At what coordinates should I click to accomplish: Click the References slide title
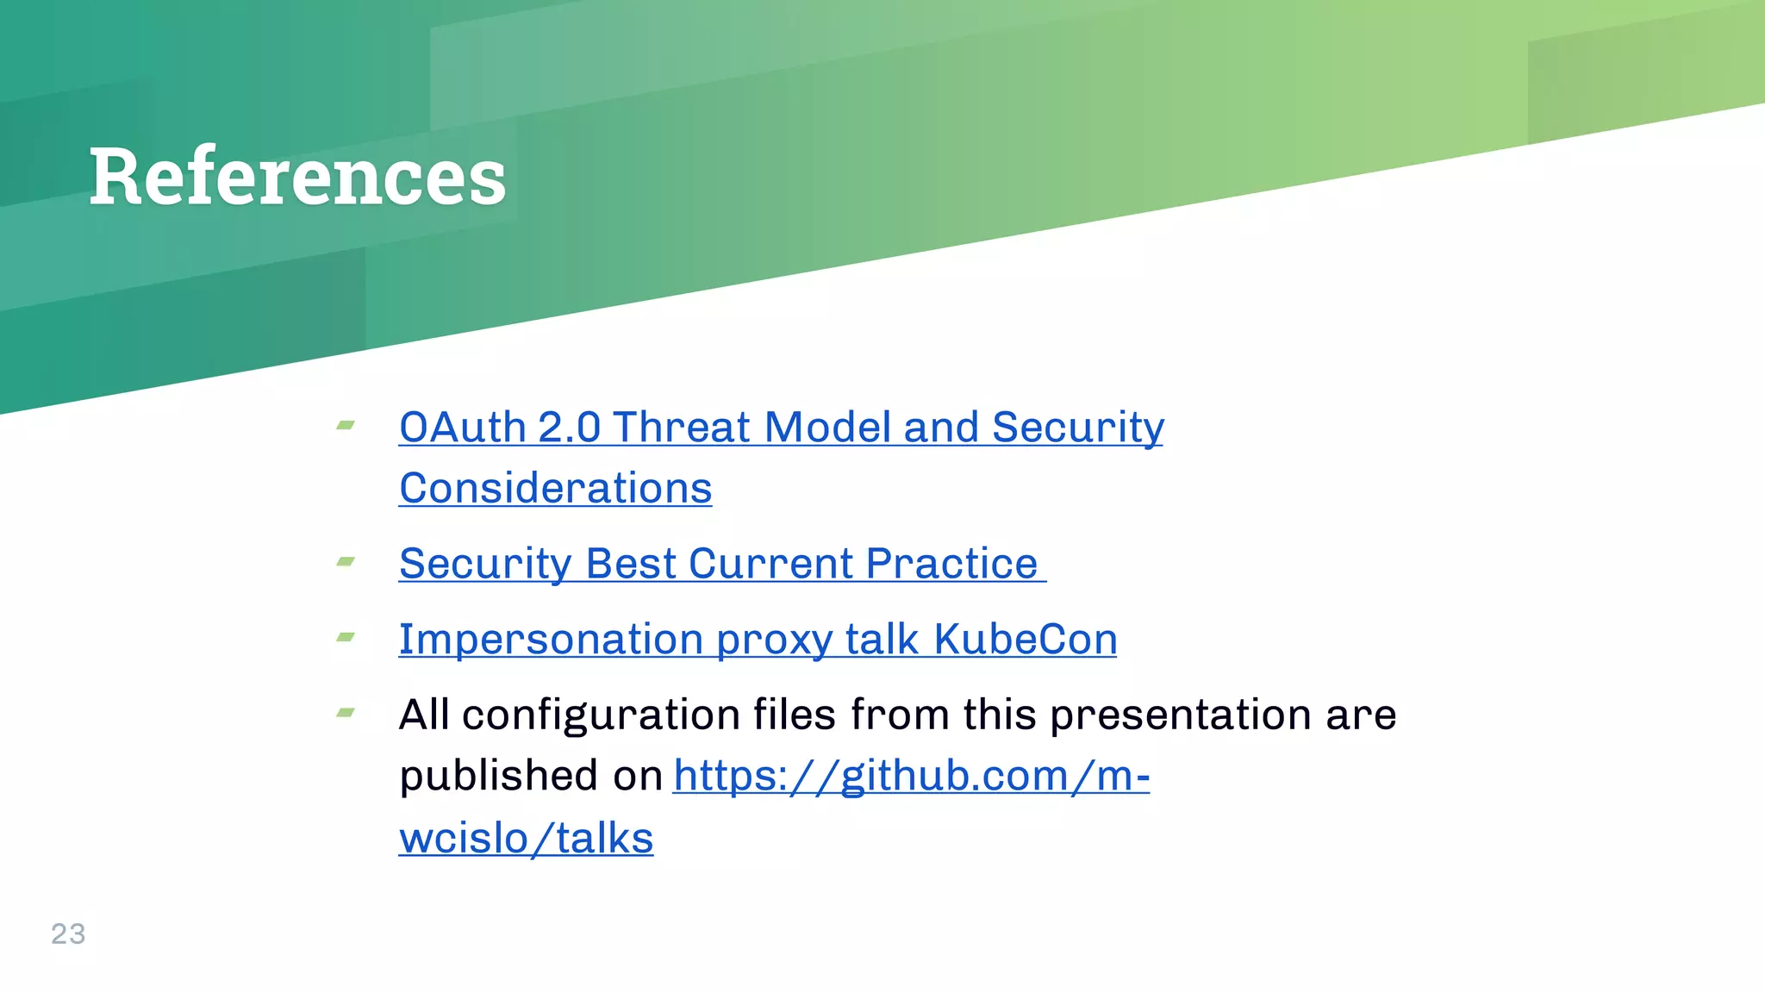[x=297, y=177]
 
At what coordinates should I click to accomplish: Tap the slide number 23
[x=68, y=934]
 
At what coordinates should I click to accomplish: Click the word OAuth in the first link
[x=462, y=428]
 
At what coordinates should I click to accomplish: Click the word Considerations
[x=555, y=489]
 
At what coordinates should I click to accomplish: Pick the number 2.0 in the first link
[x=569, y=428]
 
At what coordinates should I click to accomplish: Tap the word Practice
[x=951, y=564]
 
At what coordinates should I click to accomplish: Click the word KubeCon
[x=1025, y=640]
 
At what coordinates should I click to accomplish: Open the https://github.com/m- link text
[x=911, y=776]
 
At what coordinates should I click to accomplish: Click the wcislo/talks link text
[x=526, y=838]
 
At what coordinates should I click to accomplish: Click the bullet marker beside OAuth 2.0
[x=346, y=425]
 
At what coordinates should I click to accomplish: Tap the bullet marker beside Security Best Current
[x=346, y=562]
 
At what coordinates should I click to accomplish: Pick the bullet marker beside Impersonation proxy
[x=346, y=638]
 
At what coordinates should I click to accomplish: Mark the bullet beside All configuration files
[x=346, y=713]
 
